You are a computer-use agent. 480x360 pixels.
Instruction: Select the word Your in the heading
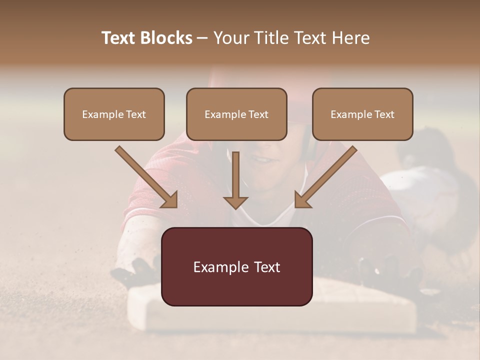coord(229,38)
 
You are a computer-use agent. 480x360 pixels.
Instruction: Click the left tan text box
coord(114,114)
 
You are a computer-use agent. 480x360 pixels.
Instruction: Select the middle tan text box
coord(236,114)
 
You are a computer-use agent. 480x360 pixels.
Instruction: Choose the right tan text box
coord(362,114)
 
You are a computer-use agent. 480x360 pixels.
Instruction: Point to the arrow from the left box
coord(146,177)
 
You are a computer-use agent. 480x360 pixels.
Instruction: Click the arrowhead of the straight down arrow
coord(235,202)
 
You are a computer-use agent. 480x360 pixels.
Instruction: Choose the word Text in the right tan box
coord(384,114)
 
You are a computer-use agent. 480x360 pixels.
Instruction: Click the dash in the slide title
coord(202,38)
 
